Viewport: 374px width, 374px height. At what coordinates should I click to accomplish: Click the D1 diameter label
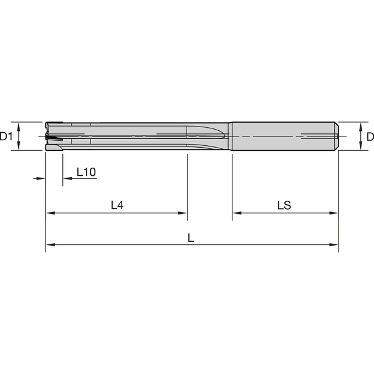[x=6, y=136]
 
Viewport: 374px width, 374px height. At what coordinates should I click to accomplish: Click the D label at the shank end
[x=369, y=136]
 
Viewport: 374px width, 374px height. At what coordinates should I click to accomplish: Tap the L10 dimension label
[x=86, y=172]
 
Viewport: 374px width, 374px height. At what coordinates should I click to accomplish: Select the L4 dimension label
[x=117, y=204]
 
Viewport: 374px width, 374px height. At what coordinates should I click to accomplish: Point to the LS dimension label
[x=284, y=204]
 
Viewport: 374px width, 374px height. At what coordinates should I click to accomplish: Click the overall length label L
[x=191, y=237]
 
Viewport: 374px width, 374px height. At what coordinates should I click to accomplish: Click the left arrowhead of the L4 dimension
[x=49, y=213]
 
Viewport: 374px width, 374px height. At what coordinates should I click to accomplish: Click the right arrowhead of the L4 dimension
[x=183, y=213]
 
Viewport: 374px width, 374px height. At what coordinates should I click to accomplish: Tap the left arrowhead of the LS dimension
[x=236, y=213]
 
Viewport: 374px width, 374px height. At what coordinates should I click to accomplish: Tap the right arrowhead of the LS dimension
[x=335, y=213]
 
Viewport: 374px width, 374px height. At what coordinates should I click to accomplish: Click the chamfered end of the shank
[x=337, y=135]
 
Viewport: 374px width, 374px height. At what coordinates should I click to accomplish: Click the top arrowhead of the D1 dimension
[x=20, y=125]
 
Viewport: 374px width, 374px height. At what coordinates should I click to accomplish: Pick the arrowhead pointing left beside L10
[x=67, y=179]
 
